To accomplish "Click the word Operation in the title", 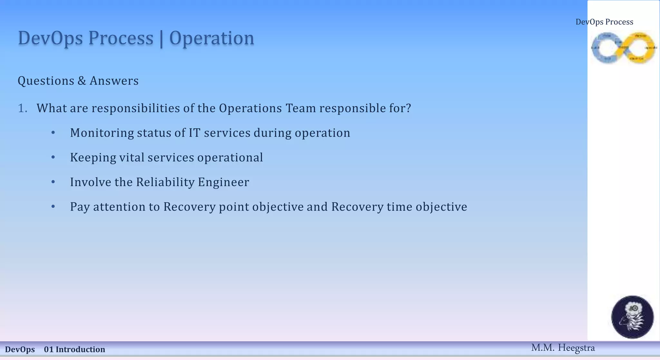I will click(212, 38).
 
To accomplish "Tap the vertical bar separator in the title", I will click(161, 39).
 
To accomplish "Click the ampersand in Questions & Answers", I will click(82, 81).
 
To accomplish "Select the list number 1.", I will click(22, 108).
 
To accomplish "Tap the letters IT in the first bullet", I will click(195, 133).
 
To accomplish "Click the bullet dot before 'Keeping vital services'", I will click(53, 157).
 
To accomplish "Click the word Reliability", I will click(165, 182).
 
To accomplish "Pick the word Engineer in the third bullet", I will click(223, 182).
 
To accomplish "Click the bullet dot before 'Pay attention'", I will click(53, 207).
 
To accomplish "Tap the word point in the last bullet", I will click(234, 207).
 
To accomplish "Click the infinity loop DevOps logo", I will click(624, 48).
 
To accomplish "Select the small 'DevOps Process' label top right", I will click(604, 22).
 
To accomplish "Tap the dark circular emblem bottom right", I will click(632, 317).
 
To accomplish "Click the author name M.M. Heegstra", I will click(563, 348).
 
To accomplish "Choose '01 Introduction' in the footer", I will click(74, 350).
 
